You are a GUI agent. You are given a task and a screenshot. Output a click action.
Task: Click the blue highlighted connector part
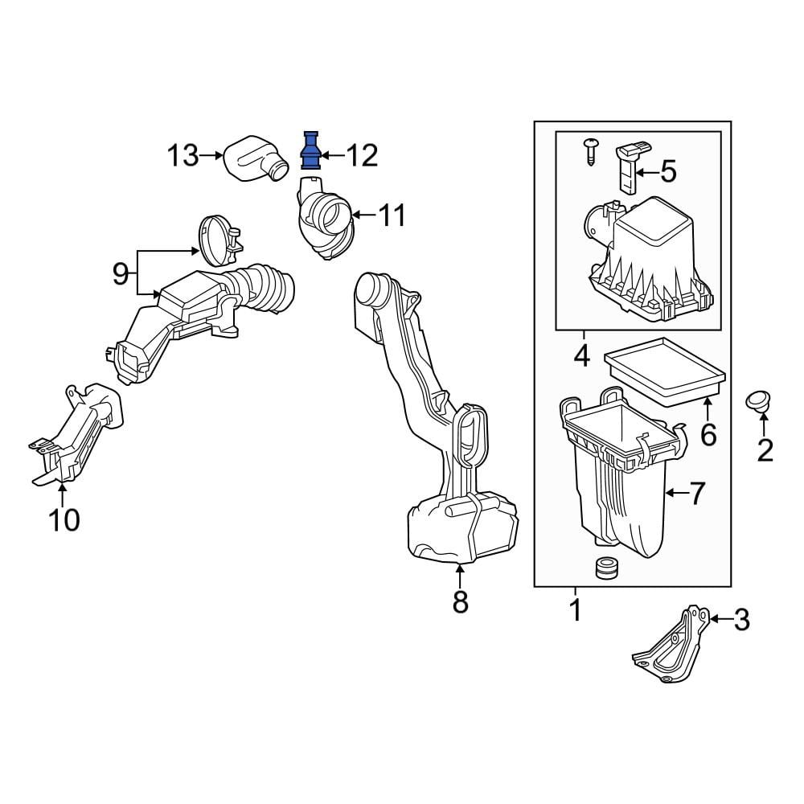pyautogui.click(x=310, y=150)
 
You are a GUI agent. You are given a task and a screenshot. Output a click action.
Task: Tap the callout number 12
pyautogui.click(x=362, y=155)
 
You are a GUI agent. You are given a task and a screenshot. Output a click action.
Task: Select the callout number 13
pyautogui.click(x=183, y=155)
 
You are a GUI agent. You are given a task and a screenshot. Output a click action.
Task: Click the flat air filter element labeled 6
pyautogui.click(x=666, y=371)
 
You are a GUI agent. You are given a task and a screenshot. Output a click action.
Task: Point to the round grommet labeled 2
pyautogui.click(x=759, y=401)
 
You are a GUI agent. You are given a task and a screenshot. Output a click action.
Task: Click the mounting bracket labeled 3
pyautogui.click(x=671, y=643)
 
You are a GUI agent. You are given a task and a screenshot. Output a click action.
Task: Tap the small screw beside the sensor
pyautogui.click(x=591, y=151)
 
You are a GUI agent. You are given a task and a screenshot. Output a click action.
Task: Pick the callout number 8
pyautogui.click(x=460, y=601)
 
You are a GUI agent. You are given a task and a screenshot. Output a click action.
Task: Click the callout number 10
pyautogui.click(x=64, y=520)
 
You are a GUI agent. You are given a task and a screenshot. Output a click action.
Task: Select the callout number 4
pyautogui.click(x=582, y=356)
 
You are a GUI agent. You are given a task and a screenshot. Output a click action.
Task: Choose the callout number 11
pyautogui.click(x=392, y=215)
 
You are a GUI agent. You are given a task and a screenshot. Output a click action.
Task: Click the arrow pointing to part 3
pyautogui.click(x=721, y=619)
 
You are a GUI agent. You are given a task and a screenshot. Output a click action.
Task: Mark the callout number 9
pyautogui.click(x=121, y=274)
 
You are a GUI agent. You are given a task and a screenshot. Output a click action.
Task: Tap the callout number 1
pyautogui.click(x=576, y=610)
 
